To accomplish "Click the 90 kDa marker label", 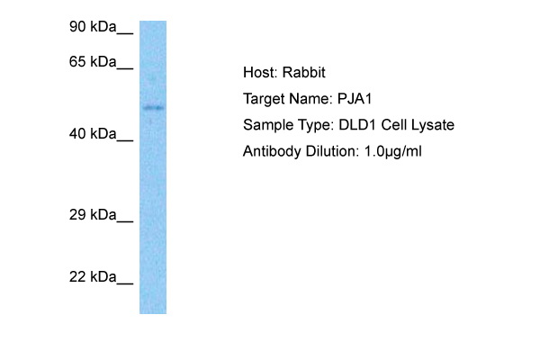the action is tap(93, 27).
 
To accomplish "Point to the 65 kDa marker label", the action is tap(93, 62).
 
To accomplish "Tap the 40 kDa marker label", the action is tap(93, 134).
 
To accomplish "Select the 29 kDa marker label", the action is tap(93, 215).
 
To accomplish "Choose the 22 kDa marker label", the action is tap(93, 277).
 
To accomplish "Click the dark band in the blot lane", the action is tap(153, 108).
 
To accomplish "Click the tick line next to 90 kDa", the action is tap(125, 33).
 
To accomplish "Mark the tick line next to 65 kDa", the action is tap(125, 68).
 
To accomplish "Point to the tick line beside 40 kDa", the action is tap(125, 140).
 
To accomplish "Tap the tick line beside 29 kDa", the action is tap(125, 221).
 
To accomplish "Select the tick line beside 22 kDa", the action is tap(125, 283).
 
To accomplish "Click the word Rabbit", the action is tap(304, 73).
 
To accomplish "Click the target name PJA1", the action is tap(355, 99).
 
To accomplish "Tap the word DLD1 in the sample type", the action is tap(357, 125).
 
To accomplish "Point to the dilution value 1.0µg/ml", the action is tap(393, 151).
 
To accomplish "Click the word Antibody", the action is tap(272, 151).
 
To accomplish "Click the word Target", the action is tap(264, 100).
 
